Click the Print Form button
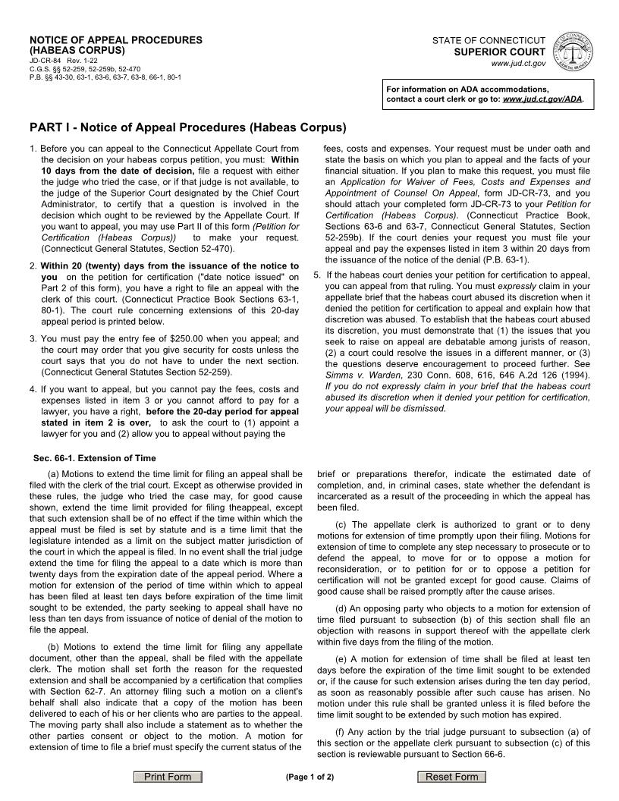pos(168,777)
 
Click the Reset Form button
pos(451,777)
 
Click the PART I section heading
pos(187,127)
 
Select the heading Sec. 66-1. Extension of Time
pos(94,458)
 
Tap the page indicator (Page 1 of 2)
pos(309,777)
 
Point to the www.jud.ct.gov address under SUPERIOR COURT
pos(519,64)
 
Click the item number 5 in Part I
pos(316,275)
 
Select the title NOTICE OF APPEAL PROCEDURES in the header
pos(116,39)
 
